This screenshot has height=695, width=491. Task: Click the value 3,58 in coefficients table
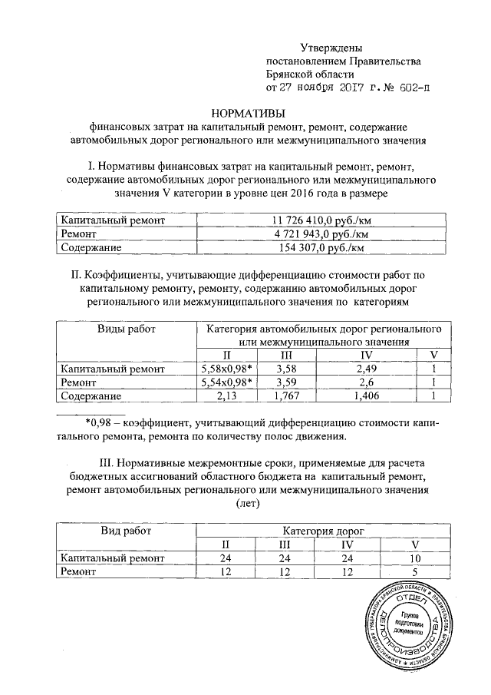tap(286, 369)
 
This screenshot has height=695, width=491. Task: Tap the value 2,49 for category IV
tap(365, 369)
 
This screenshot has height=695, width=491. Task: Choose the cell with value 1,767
tap(286, 395)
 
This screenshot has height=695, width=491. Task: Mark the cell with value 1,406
tap(365, 395)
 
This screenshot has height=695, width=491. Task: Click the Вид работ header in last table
tap(126, 531)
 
